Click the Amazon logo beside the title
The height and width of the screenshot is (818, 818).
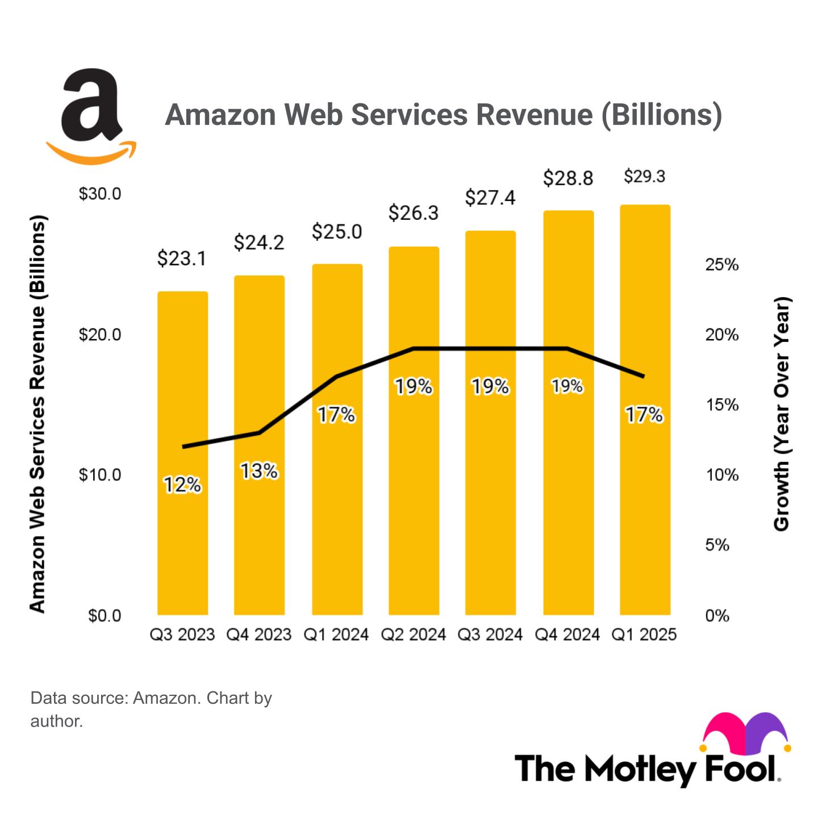coord(91,116)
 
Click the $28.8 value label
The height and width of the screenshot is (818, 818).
coord(567,178)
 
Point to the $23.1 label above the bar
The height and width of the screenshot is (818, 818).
coord(181,259)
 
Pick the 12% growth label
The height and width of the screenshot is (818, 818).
coord(182,485)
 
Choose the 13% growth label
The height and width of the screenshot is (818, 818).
coord(259,471)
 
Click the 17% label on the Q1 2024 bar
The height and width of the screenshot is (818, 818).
coord(336,415)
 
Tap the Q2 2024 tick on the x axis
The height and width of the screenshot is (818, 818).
coord(413,635)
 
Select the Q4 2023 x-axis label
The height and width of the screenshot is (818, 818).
coord(259,635)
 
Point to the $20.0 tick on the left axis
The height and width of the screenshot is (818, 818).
coord(100,335)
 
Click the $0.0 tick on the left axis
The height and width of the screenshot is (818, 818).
coord(105,616)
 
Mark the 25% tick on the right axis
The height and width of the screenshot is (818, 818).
coord(722,265)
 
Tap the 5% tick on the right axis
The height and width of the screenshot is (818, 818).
coord(717,545)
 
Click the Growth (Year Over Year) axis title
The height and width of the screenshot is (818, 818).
coord(782,414)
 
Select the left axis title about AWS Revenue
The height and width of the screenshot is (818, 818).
coord(37,414)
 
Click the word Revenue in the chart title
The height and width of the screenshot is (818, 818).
coord(535,115)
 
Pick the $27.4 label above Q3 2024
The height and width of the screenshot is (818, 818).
coord(490,198)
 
